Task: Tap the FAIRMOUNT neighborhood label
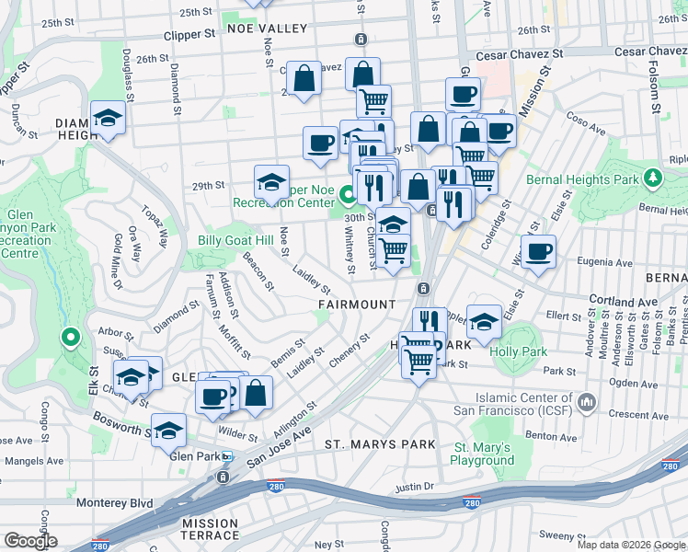tap(357, 304)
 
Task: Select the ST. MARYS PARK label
tap(380, 444)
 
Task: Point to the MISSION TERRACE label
tap(210, 529)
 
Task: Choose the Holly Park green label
tap(520, 351)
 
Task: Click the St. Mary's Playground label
tap(482, 454)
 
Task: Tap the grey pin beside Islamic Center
tap(589, 402)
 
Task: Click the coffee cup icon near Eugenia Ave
tap(538, 251)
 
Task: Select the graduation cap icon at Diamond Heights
tap(108, 119)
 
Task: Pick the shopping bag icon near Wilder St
tap(257, 392)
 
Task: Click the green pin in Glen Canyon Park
tap(69, 338)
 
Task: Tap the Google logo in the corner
tap(30, 540)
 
